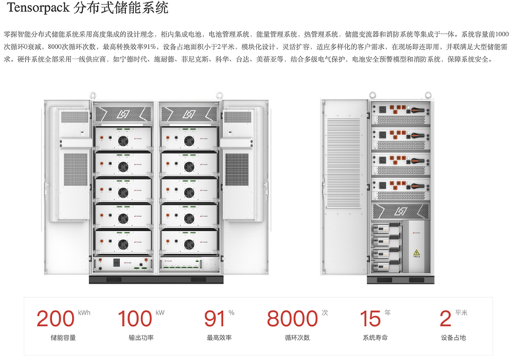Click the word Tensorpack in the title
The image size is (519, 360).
tap(38, 10)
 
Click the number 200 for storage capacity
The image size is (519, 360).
tap(55, 319)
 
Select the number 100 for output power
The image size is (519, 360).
tap(135, 319)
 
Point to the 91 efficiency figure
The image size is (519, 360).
tap(214, 319)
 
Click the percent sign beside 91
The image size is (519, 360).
tap(231, 313)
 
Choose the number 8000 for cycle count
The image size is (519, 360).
tap(292, 319)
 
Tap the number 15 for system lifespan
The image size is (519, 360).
tap(369, 319)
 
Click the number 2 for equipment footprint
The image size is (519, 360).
tap(446, 319)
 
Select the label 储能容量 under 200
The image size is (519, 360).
tap(62, 339)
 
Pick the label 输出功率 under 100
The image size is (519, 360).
tap(141, 339)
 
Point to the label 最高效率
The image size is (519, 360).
tap(219, 339)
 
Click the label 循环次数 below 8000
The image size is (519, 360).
tap(297, 339)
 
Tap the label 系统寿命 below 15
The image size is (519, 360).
tap(374, 339)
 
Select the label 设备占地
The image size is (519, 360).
tap(453, 339)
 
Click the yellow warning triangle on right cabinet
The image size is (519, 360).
tap(416, 253)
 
